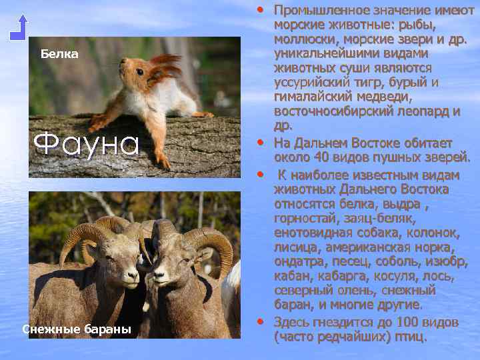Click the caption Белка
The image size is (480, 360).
pos(59,53)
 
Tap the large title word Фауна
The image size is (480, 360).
pos(86,143)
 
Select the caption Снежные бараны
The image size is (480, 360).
pos(76,329)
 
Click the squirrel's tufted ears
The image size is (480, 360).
pos(164,67)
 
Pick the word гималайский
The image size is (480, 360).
pos(312,97)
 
